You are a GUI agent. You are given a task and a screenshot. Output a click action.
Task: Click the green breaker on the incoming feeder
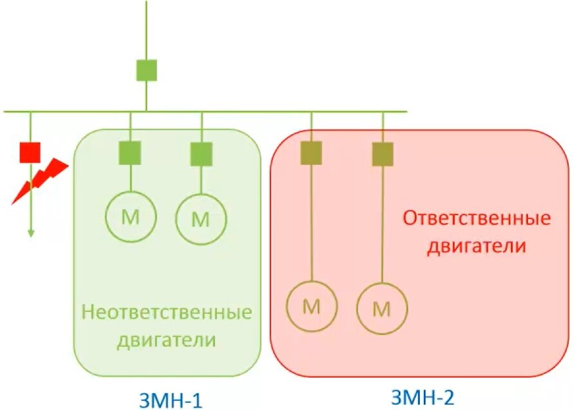[x=146, y=70]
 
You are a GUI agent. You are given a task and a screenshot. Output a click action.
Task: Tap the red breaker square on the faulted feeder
[x=30, y=152]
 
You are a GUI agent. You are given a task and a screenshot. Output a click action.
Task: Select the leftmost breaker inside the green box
[x=130, y=153]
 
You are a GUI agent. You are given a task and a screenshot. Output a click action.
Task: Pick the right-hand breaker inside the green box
[x=202, y=154]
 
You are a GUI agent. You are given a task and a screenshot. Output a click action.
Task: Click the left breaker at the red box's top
[x=311, y=153]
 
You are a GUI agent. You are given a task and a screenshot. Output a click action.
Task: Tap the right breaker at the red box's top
[x=383, y=154]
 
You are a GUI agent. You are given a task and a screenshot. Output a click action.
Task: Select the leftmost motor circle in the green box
[x=130, y=217]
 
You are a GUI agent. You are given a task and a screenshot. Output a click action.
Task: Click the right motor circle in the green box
[x=202, y=219]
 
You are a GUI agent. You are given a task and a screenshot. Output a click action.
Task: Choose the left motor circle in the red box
[x=311, y=307]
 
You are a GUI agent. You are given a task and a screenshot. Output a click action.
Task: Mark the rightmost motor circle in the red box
[x=383, y=309]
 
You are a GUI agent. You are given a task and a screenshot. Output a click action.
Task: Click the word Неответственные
[x=167, y=313]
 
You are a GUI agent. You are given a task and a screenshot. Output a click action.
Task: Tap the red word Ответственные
[x=477, y=218]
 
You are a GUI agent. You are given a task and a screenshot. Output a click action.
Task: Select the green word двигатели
[x=166, y=340]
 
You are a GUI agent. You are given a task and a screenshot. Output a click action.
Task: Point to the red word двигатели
[x=477, y=246]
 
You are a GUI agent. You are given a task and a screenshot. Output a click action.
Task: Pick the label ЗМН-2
[x=423, y=396]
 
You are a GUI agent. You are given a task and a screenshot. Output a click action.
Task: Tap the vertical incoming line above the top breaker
[x=146, y=29]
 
